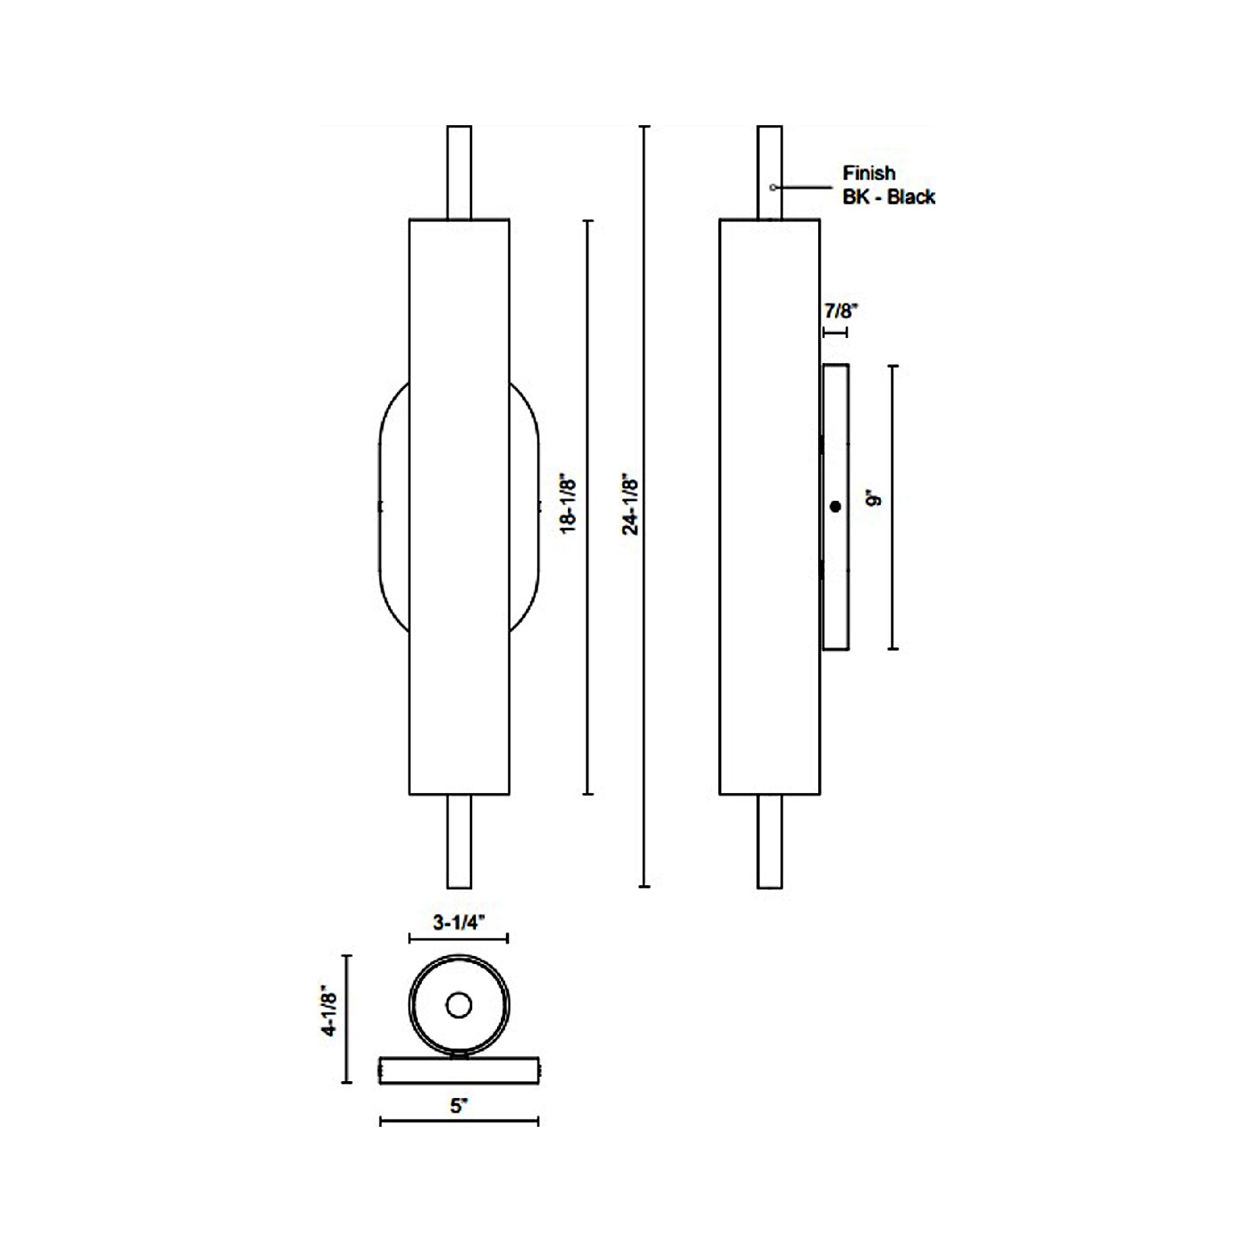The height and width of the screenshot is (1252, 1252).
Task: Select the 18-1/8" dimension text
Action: (x=569, y=504)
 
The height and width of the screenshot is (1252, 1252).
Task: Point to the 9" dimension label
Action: (x=875, y=499)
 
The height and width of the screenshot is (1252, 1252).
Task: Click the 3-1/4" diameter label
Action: (x=459, y=922)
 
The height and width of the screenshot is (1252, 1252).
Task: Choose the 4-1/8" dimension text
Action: (x=330, y=1014)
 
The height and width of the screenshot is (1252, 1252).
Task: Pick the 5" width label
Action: (x=459, y=1105)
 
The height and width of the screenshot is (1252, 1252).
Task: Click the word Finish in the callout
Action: (x=869, y=173)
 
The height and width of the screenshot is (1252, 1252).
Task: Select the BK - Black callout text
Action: (x=888, y=197)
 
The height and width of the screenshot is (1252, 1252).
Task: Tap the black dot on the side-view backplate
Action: (x=835, y=507)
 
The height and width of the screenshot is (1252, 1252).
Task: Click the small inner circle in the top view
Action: (x=459, y=1005)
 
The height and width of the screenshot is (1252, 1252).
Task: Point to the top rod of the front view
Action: (x=460, y=172)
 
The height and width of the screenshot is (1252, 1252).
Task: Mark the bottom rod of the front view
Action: (x=460, y=841)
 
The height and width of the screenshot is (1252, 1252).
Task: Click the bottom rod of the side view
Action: (x=770, y=841)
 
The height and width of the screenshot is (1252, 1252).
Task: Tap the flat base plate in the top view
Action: (x=459, y=1070)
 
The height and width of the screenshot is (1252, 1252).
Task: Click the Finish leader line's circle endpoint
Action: (x=773, y=188)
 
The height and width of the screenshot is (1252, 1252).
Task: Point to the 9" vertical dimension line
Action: (x=893, y=507)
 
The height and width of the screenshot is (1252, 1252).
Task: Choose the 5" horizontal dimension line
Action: (x=459, y=1122)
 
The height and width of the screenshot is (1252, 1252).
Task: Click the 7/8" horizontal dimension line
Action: (x=835, y=333)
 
